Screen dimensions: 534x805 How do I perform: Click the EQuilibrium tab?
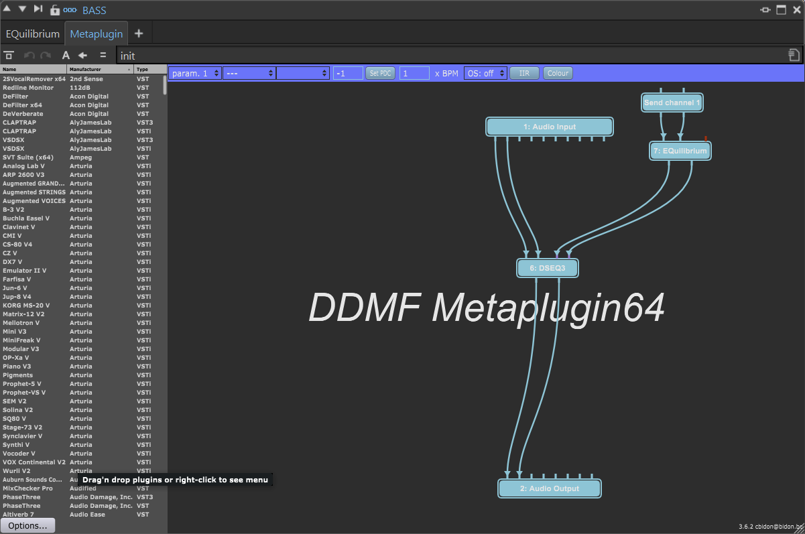(33, 34)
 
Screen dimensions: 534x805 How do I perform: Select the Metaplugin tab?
(96, 34)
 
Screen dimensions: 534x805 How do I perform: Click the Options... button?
(27, 525)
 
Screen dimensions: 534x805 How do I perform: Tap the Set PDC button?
(381, 73)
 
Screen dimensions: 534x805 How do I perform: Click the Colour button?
(558, 73)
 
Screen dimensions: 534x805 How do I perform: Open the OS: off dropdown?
(485, 73)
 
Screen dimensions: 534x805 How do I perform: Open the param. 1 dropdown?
(195, 73)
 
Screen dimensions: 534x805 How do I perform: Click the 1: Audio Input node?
(549, 127)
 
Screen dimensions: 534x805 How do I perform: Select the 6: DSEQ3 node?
(547, 268)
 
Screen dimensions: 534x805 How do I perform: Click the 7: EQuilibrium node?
(680, 151)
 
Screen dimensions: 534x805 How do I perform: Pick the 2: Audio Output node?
(549, 488)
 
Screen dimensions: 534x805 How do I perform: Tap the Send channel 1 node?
(672, 103)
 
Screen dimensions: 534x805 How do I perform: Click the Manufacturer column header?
(99, 69)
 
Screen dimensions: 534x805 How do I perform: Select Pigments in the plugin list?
(18, 375)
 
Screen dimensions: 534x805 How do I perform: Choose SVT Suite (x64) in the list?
(27, 157)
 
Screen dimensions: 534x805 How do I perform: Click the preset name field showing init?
(449, 56)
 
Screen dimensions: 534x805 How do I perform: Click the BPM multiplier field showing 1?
(414, 73)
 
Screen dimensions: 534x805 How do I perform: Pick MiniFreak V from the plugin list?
(21, 340)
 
